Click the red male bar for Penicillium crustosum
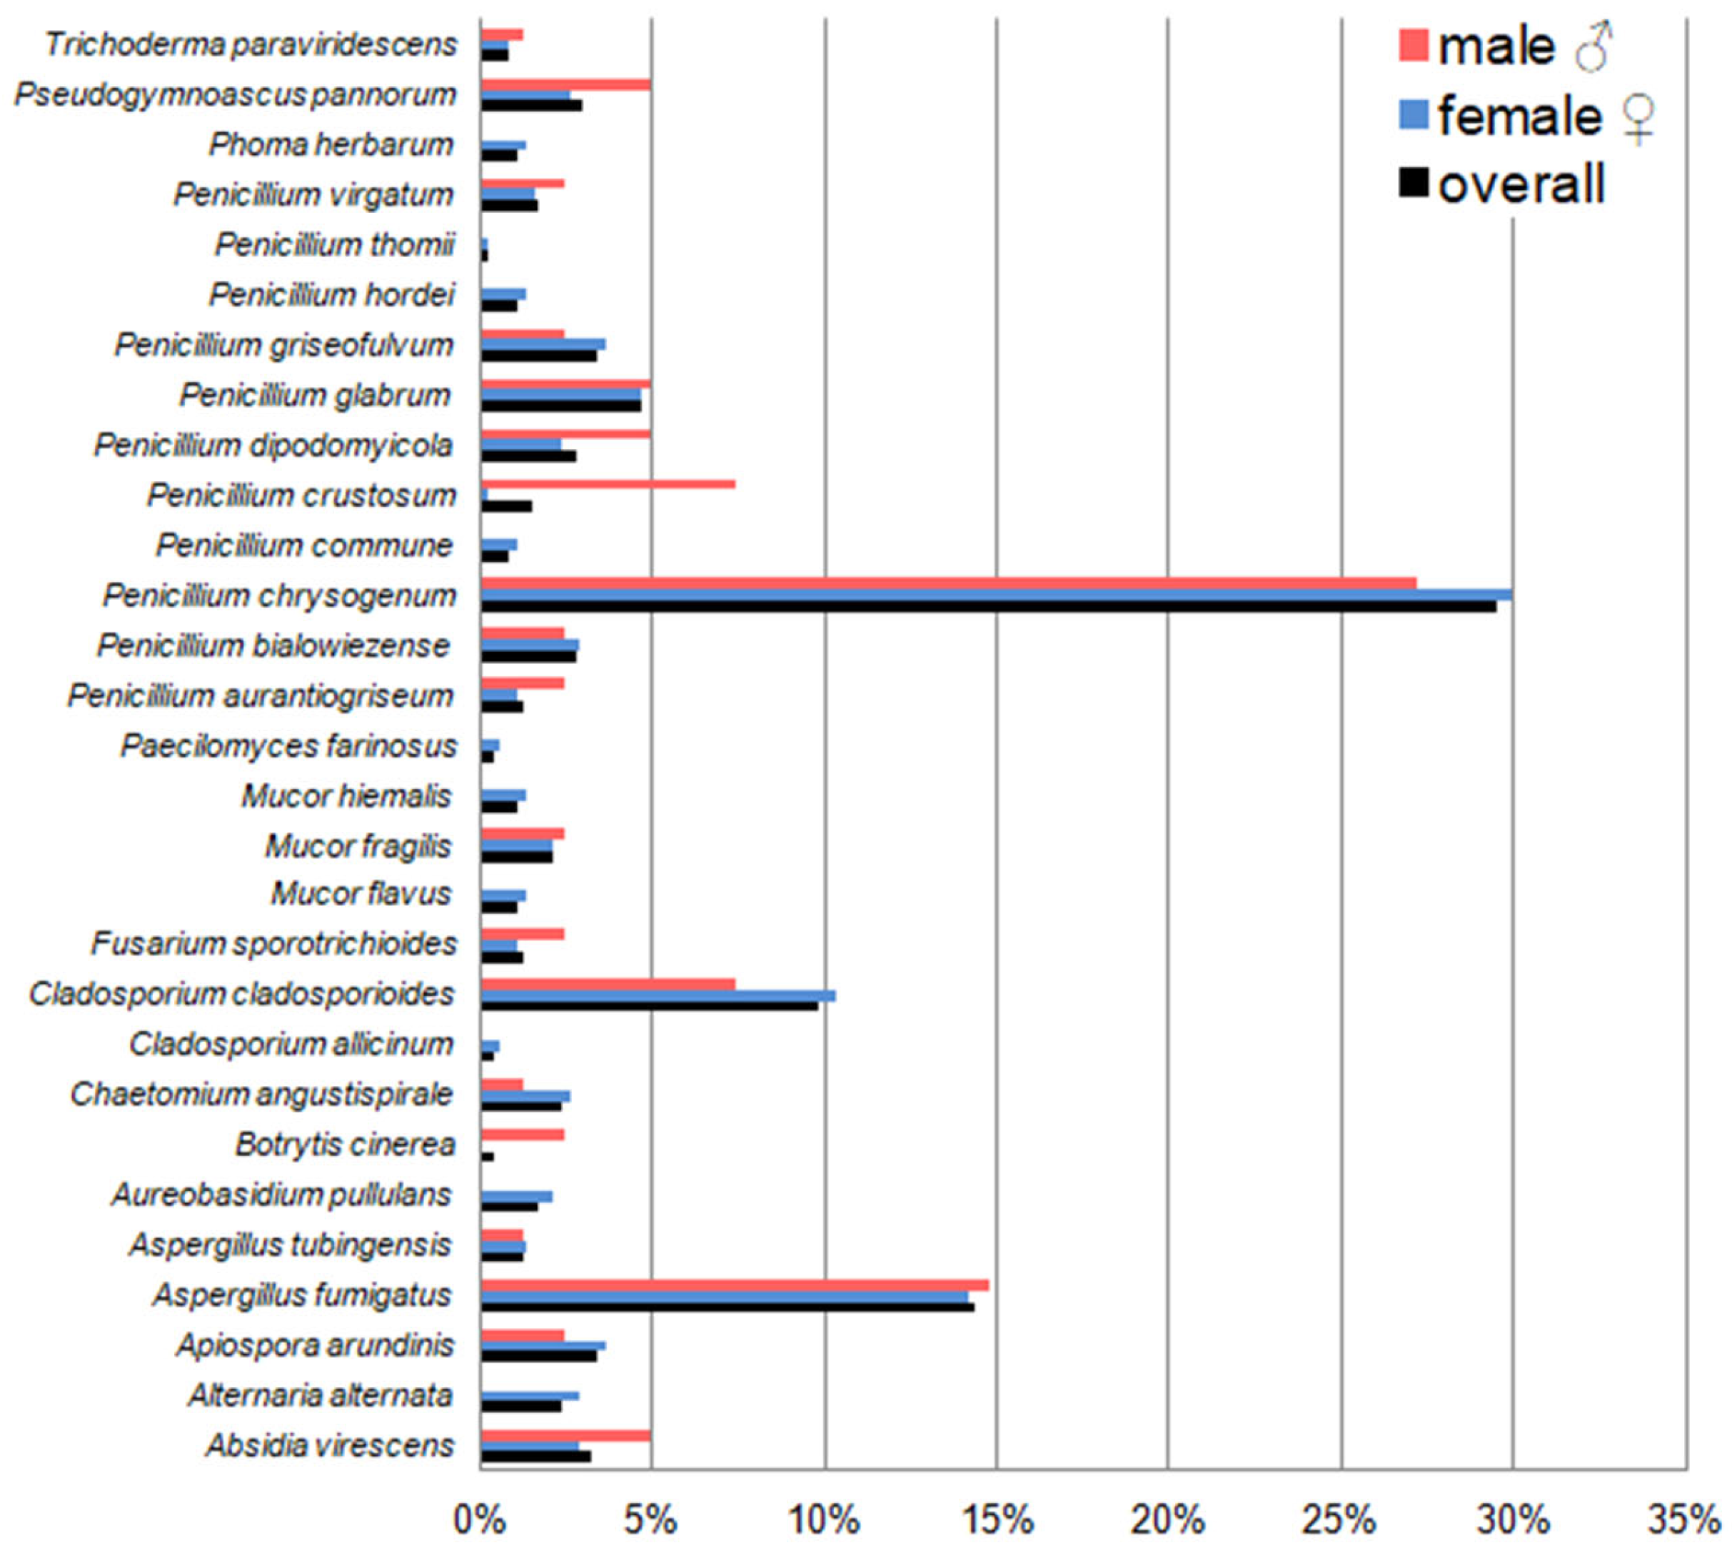click(x=608, y=484)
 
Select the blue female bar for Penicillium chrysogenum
click(x=997, y=595)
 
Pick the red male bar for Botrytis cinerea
click(x=523, y=1135)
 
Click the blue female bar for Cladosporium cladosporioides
click(x=658, y=995)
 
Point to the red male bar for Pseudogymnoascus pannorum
click(x=565, y=84)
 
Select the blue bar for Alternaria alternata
click(x=530, y=1396)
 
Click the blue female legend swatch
click(x=1413, y=115)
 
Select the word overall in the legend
click(x=1521, y=184)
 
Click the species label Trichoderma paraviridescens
click(x=251, y=44)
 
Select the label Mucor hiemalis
click(x=346, y=796)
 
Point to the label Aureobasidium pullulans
click(x=281, y=1195)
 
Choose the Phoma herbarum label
click(x=331, y=145)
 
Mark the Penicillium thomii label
click(x=335, y=245)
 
